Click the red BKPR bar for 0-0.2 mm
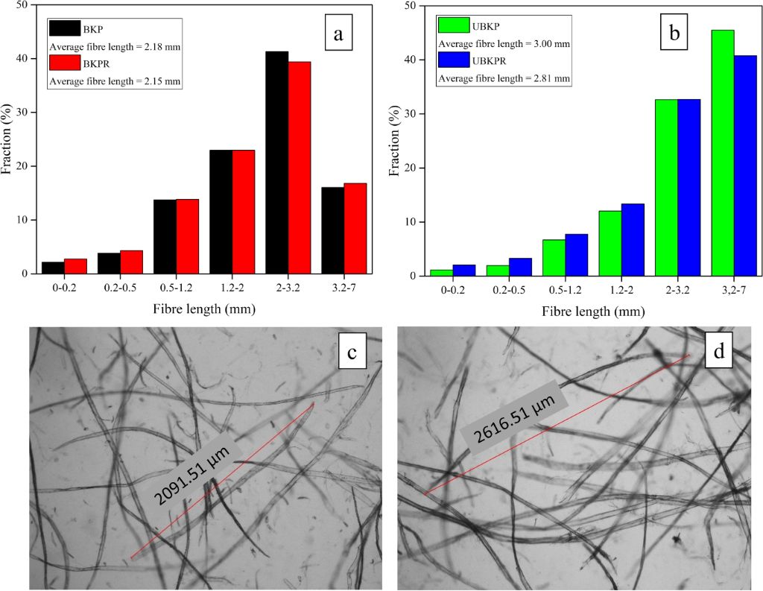[75, 266]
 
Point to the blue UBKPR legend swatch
[453, 60]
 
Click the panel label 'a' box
[339, 33]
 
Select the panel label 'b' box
[674, 33]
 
